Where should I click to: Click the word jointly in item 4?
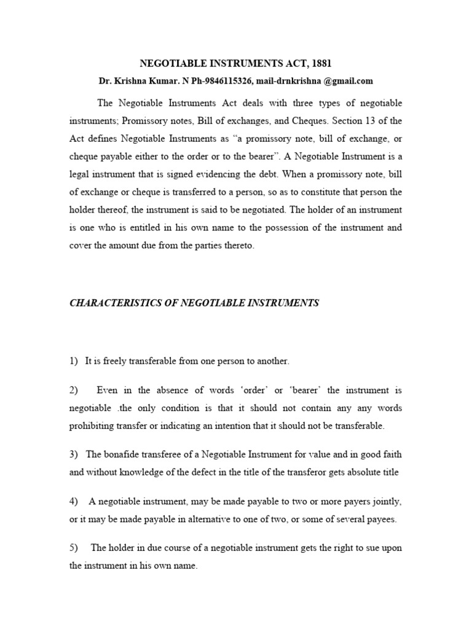(388, 502)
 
